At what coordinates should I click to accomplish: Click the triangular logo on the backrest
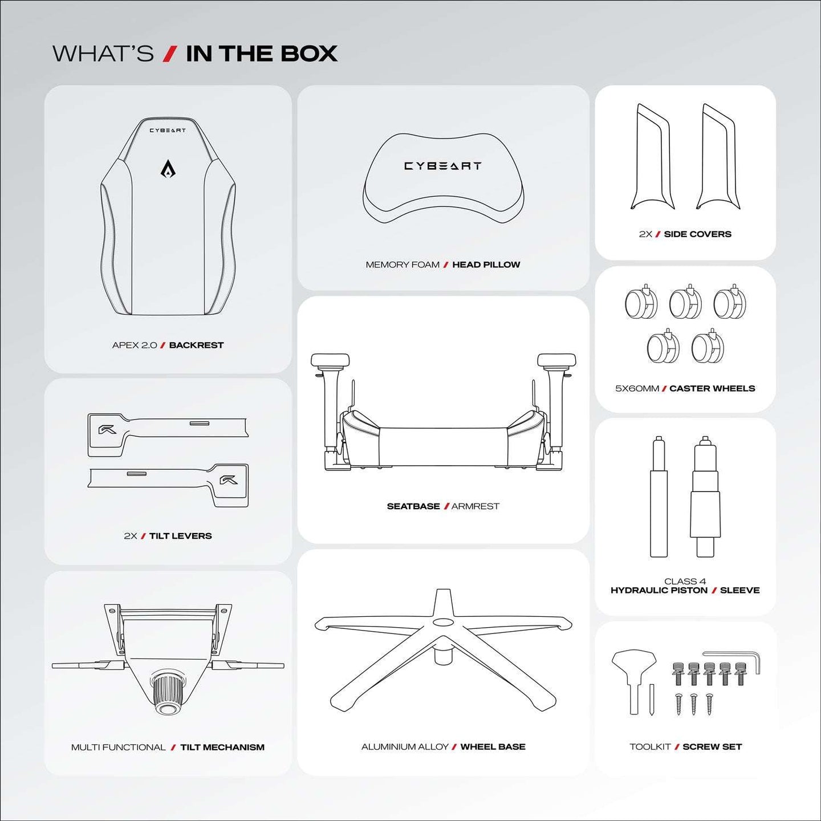[x=168, y=169]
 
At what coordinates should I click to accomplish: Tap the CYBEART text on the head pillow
[x=443, y=166]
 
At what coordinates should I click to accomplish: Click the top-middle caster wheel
[x=685, y=303]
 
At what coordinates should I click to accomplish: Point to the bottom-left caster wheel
[x=663, y=347]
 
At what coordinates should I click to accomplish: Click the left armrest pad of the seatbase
[x=330, y=360]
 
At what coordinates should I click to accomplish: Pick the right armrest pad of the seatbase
[x=556, y=360]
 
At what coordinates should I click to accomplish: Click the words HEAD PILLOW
[x=486, y=265]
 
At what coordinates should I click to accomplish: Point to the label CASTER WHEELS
[x=712, y=388]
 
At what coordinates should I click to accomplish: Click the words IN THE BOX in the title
[x=262, y=54]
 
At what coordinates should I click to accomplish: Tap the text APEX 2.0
[x=135, y=345]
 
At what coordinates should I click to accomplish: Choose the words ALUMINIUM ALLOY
[x=405, y=747]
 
